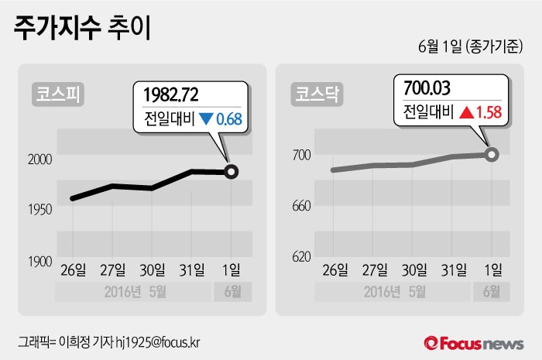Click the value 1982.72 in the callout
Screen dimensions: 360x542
click(172, 95)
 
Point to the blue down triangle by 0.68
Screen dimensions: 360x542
click(206, 120)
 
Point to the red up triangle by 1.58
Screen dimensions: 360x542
click(466, 112)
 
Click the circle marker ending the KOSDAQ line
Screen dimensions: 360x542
click(492, 154)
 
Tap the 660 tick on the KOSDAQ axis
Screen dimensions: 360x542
click(300, 205)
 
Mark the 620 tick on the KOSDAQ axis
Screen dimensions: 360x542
click(300, 256)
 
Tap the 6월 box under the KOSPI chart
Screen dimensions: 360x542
click(231, 292)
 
